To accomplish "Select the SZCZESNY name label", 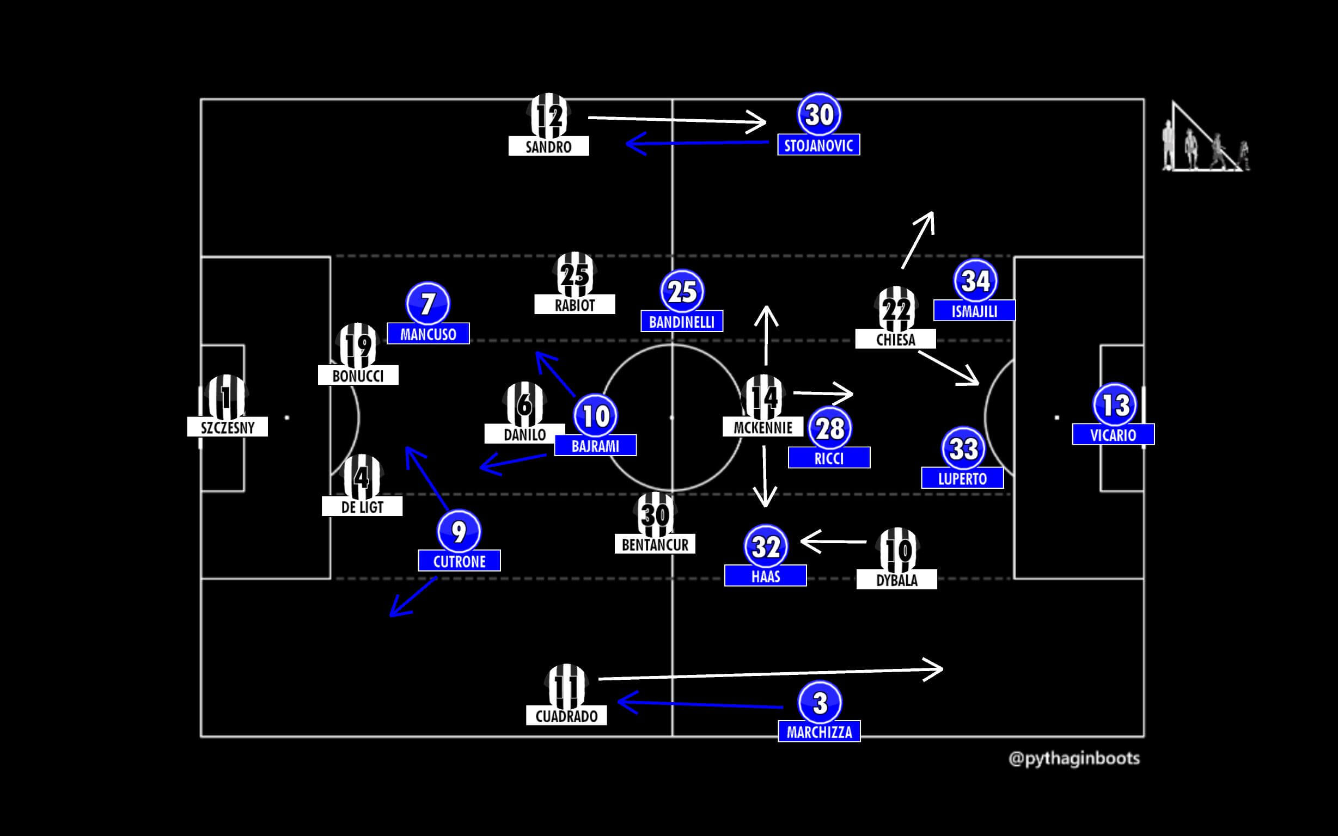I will pyautogui.click(x=227, y=427).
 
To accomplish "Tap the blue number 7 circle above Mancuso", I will pyautogui.click(x=427, y=304).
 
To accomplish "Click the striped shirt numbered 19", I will pyautogui.click(x=358, y=345).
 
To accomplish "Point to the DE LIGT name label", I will pyautogui.click(x=362, y=507).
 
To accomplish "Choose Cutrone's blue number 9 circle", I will pyautogui.click(x=459, y=531).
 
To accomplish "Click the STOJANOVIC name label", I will pyautogui.click(x=818, y=145).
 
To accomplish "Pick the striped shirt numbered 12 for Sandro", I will pyautogui.click(x=549, y=116).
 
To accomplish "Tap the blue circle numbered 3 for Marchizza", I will pyautogui.click(x=820, y=703).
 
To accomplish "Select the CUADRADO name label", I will pyautogui.click(x=566, y=716).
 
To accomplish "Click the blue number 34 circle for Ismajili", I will pyautogui.click(x=975, y=281).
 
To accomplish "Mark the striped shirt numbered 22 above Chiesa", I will pyautogui.click(x=896, y=309).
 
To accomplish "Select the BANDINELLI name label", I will pyautogui.click(x=681, y=322).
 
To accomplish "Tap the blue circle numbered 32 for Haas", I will pyautogui.click(x=766, y=546).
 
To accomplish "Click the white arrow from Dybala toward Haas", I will pyautogui.click(x=834, y=542).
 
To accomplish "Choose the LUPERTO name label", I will pyautogui.click(x=962, y=478).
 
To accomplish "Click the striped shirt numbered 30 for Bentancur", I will pyautogui.click(x=655, y=515).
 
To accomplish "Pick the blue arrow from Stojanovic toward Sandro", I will pyautogui.click(x=697, y=143).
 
